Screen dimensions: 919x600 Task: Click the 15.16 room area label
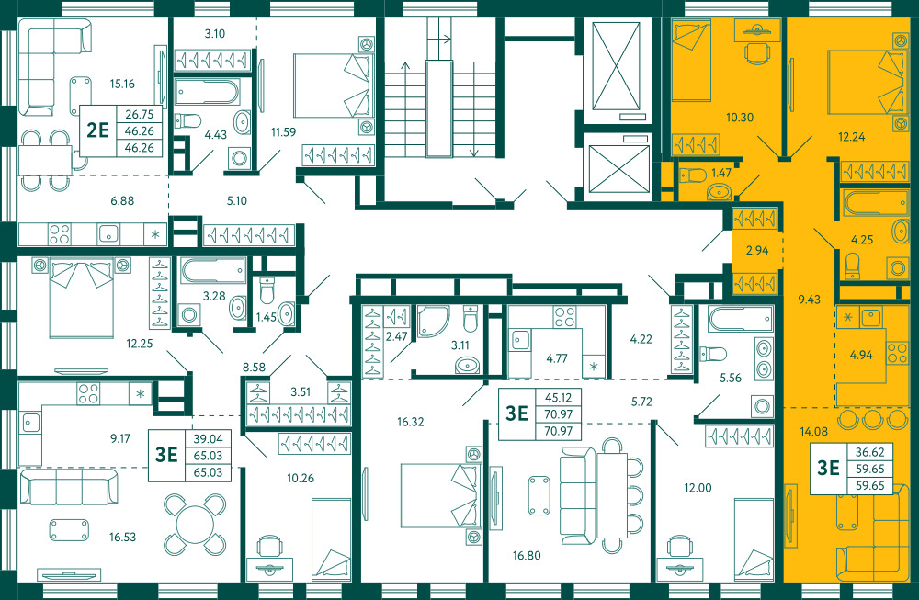pos(122,84)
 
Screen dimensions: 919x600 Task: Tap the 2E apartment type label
pos(98,130)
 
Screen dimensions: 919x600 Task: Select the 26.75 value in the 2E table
pos(140,114)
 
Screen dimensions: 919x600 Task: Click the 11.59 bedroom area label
pos(283,131)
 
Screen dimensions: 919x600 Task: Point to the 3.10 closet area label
pos(214,33)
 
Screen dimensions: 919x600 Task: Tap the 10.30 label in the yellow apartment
pos(740,118)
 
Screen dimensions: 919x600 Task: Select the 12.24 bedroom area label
pos(851,137)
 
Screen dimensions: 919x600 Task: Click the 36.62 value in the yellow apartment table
pos(869,452)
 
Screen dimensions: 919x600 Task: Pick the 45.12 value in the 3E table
pos(558,397)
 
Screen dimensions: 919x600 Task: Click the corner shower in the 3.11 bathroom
pos(433,321)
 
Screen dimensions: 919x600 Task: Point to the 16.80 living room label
pos(527,556)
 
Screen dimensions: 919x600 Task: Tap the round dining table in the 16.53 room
pos(195,525)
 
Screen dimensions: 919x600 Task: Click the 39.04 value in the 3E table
pos(208,438)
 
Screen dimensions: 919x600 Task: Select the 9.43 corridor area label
pos(809,300)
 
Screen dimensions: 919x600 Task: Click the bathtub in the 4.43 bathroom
pos(207,92)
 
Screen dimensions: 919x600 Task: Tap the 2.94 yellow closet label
pos(756,250)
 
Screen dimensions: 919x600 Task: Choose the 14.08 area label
pos(813,432)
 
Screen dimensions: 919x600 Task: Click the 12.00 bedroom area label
pos(698,488)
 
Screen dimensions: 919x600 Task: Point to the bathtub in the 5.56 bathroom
pos(740,319)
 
